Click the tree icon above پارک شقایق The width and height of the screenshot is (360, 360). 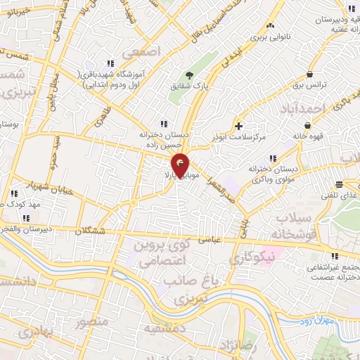(188, 75)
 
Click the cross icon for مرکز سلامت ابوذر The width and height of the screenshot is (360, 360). (240, 127)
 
